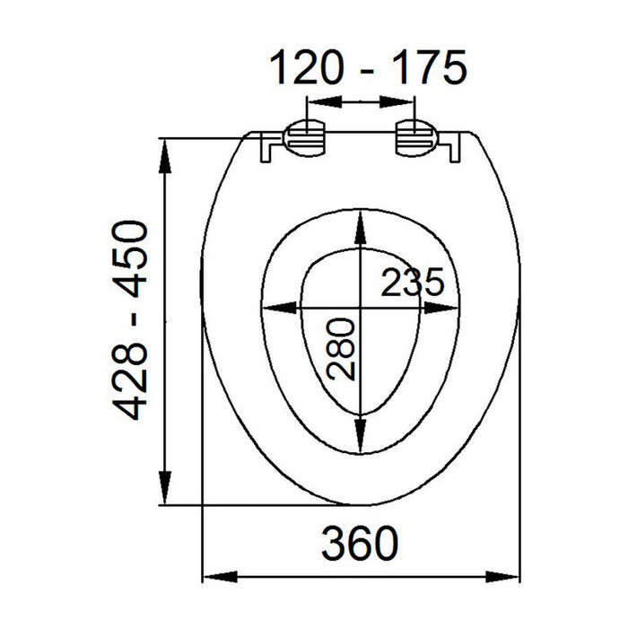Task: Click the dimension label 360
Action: tap(358, 542)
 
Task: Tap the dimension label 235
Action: tap(412, 283)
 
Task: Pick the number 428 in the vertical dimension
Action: tap(132, 381)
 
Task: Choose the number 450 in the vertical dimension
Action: tap(132, 260)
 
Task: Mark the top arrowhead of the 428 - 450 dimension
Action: tap(166, 153)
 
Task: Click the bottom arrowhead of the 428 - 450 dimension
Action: tap(166, 492)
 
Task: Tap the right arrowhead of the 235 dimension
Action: tap(446, 308)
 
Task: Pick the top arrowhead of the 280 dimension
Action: tap(359, 225)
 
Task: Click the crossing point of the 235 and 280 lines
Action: tap(359, 308)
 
